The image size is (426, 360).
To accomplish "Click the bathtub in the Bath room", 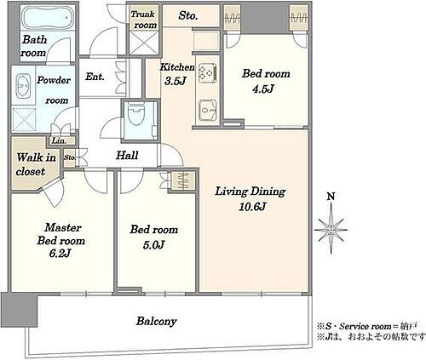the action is [x=47, y=18].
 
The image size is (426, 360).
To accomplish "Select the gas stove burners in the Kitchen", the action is [x=208, y=72].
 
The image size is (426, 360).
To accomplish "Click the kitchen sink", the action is [x=208, y=110].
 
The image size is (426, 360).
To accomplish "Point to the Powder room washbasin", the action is [x=23, y=86].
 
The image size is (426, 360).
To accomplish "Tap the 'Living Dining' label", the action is [x=250, y=191].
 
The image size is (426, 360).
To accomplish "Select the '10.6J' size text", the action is [x=252, y=207].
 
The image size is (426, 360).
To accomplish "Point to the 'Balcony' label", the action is [x=157, y=322].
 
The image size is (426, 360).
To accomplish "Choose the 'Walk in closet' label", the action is [x=36, y=164].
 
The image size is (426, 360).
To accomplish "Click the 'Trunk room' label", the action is [x=144, y=20].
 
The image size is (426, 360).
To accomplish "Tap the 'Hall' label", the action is [x=127, y=155].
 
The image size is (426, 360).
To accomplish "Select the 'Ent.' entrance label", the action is [x=95, y=77].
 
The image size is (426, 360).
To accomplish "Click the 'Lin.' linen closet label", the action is [x=60, y=140].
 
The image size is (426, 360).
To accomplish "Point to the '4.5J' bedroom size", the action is [x=262, y=89].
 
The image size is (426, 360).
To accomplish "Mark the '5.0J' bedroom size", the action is [x=153, y=245].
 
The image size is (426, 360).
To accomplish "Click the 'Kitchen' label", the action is [x=177, y=67].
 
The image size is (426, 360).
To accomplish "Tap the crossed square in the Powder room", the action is [x=24, y=119].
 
